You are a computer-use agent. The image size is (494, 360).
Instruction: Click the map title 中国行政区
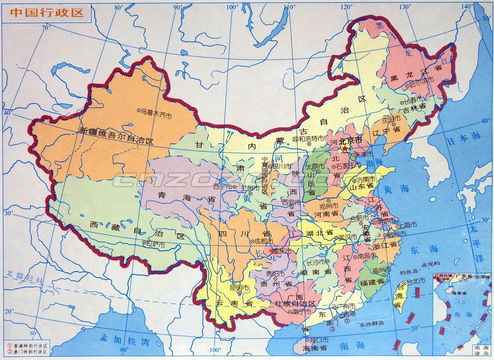(x=46, y=12)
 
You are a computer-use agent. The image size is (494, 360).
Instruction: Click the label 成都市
(x=263, y=241)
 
